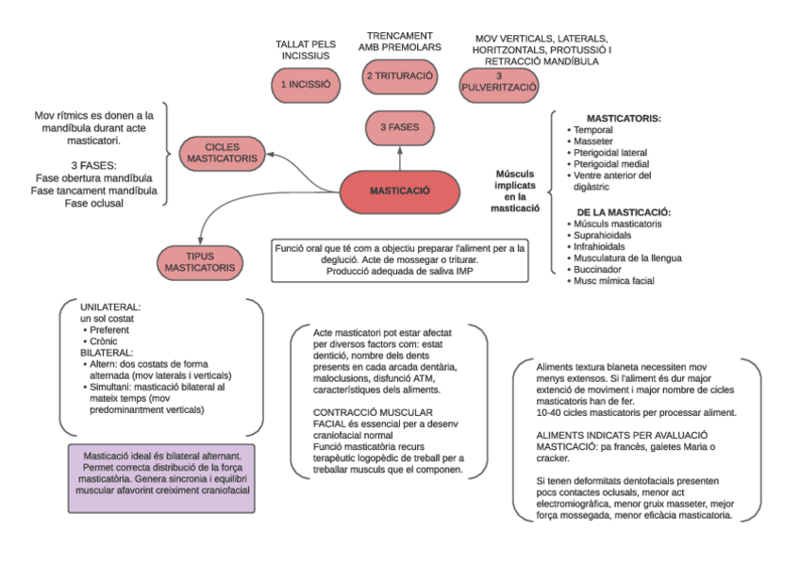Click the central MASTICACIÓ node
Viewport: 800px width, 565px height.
tap(399, 191)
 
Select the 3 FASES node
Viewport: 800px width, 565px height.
tap(399, 127)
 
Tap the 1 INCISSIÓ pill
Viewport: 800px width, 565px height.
tap(306, 85)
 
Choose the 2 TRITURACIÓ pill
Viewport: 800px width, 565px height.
tap(400, 76)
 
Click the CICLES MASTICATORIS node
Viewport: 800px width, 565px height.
tap(222, 154)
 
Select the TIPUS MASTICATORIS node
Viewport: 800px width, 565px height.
tap(200, 262)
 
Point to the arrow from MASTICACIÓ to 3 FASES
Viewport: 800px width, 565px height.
tap(400, 158)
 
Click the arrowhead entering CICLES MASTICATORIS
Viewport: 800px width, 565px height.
tap(270, 154)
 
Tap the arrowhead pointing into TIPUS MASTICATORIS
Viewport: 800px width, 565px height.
tap(201, 241)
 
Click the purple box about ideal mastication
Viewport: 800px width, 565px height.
tap(161, 478)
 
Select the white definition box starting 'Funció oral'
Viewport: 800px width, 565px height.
tap(400, 260)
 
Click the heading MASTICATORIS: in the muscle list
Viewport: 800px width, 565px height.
tap(624, 119)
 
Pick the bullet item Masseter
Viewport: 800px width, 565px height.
tap(592, 141)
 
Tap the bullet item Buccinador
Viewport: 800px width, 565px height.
tap(597, 270)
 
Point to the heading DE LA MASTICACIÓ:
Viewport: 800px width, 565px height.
tap(624, 212)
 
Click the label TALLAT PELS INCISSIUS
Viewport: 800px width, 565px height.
tap(306, 50)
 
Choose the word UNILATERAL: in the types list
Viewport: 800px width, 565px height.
tap(110, 307)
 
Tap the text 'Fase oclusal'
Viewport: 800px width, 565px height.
tap(94, 204)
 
